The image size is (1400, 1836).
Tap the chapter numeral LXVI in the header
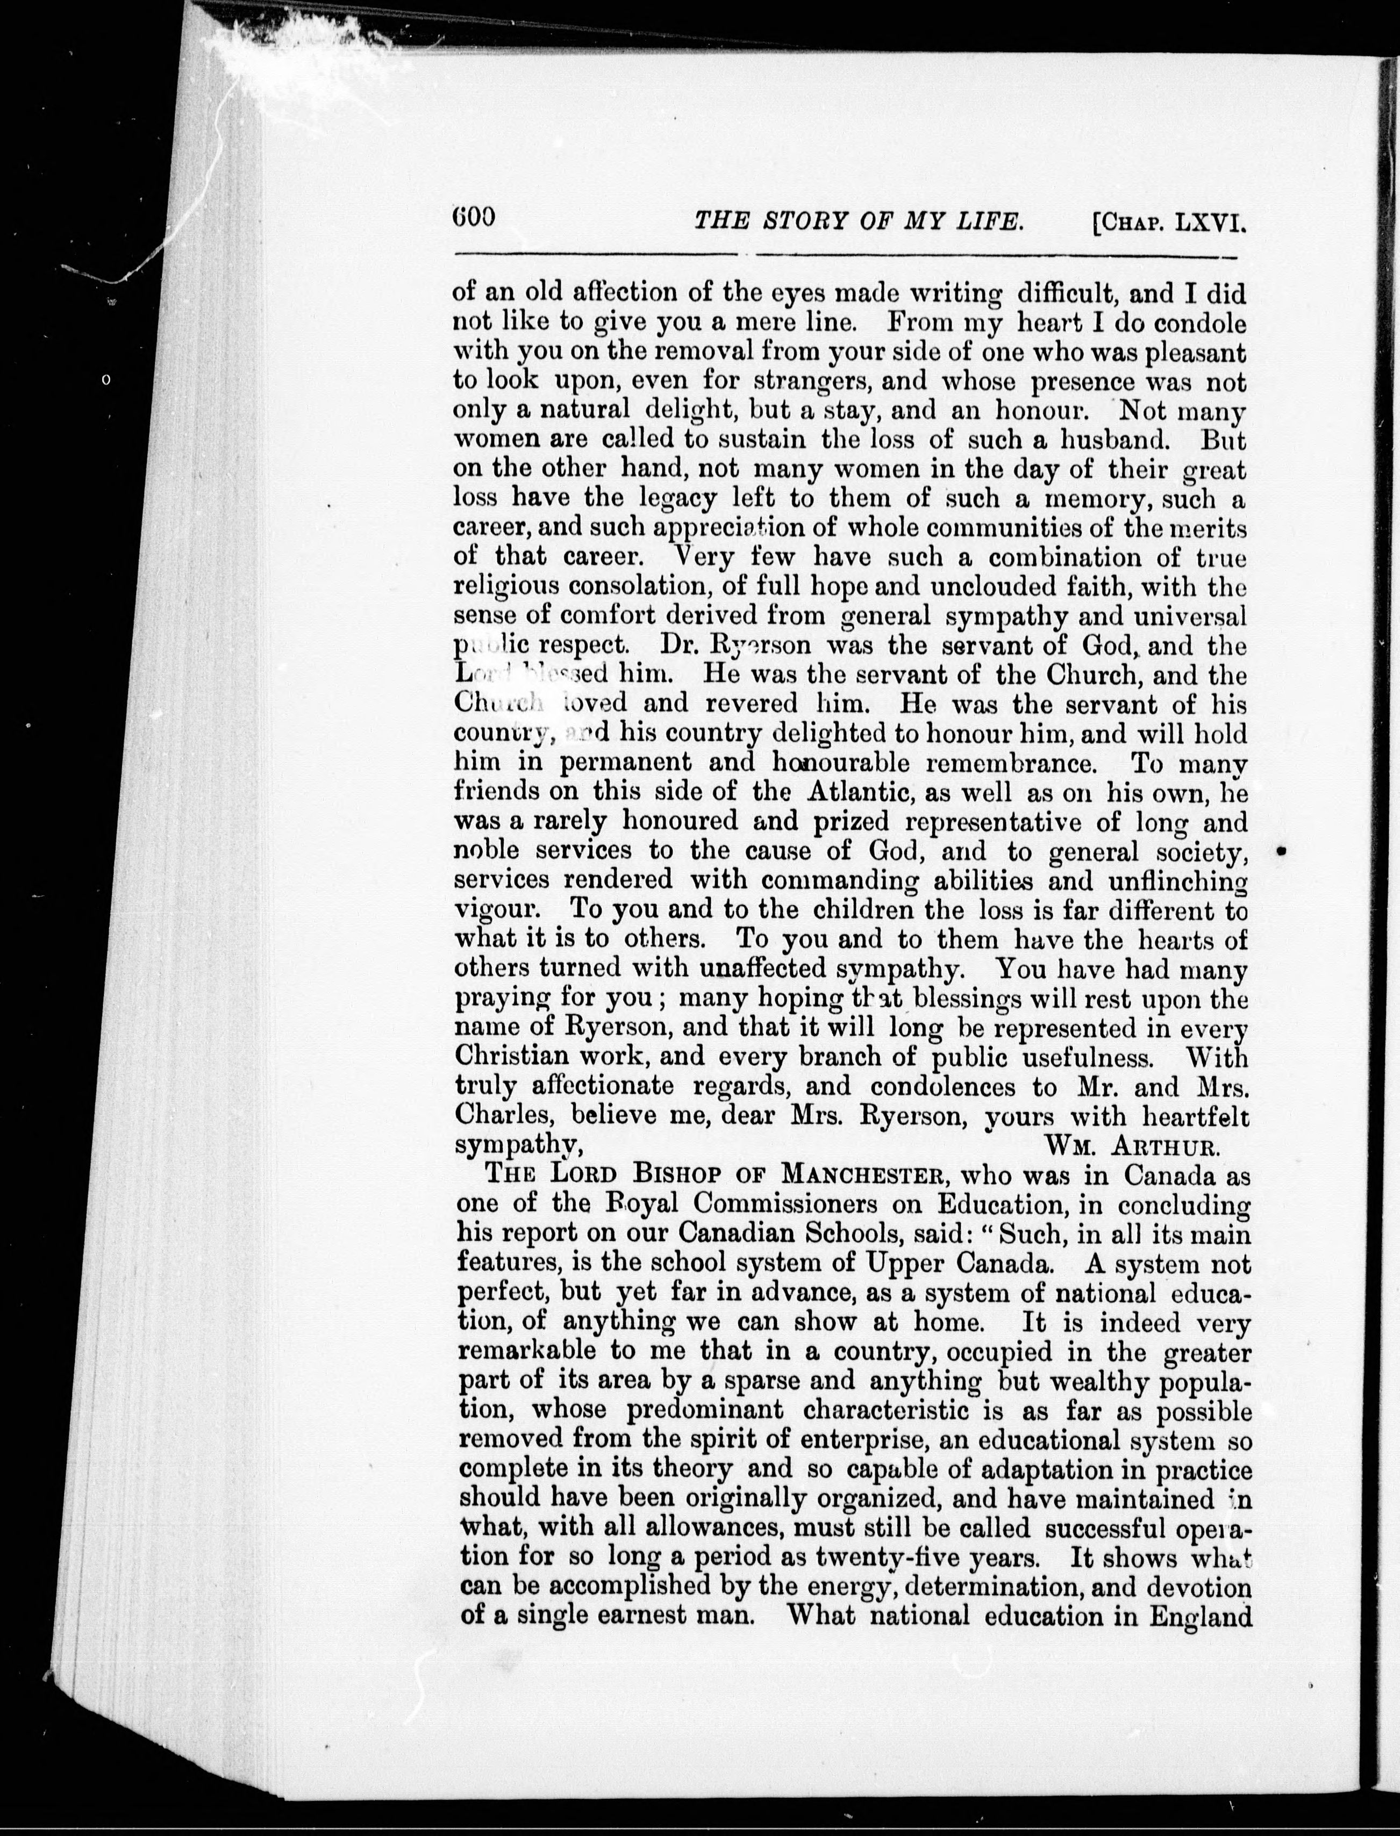[1209, 223]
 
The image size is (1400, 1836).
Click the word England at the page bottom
[1200, 1616]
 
